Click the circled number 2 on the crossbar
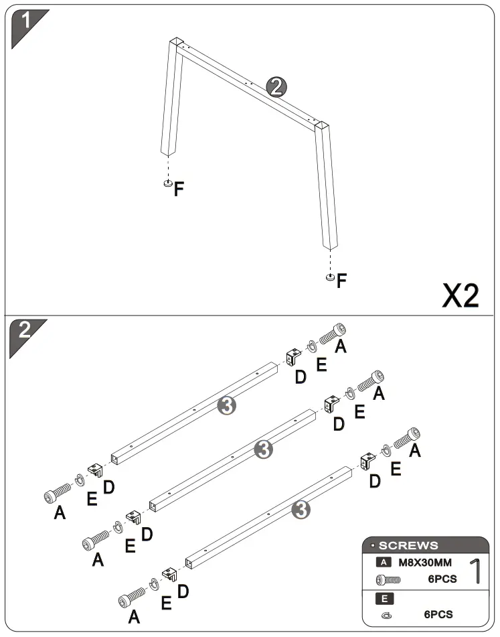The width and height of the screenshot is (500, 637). (x=276, y=87)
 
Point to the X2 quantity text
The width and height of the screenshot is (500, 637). (x=461, y=295)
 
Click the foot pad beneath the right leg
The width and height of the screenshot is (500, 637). (x=330, y=277)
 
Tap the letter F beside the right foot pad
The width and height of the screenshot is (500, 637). (x=342, y=281)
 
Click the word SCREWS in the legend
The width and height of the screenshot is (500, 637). (x=408, y=545)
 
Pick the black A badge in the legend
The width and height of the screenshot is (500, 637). (x=384, y=563)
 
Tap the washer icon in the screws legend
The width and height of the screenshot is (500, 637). (x=386, y=615)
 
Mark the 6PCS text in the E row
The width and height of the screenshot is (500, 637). (x=438, y=614)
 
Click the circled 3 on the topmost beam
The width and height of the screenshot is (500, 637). (x=228, y=405)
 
